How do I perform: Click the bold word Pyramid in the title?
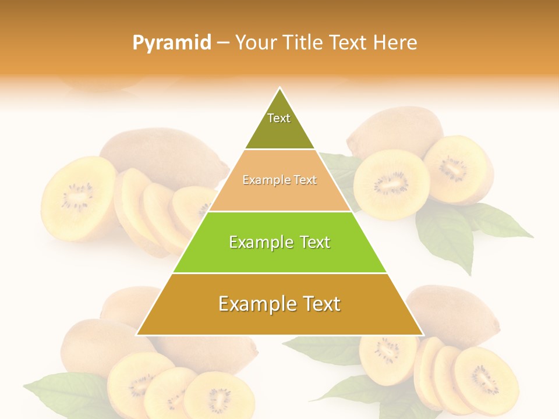click(171, 42)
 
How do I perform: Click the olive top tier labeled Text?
click(279, 125)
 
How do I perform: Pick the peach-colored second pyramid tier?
click(279, 182)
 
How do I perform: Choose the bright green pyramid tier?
click(279, 243)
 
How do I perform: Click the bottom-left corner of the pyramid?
click(137, 335)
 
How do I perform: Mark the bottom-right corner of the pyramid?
click(422, 335)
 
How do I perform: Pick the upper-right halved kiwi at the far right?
click(458, 169)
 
